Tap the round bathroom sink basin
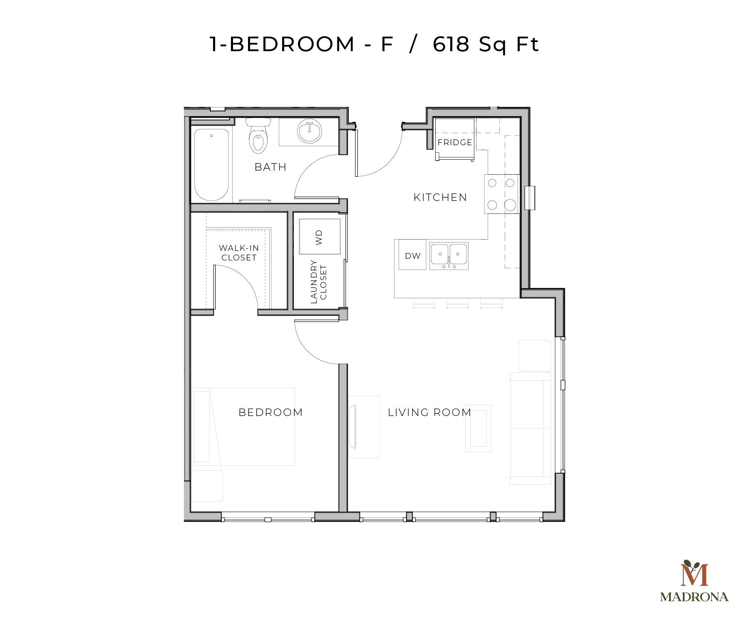(309, 131)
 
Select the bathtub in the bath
(211, 165)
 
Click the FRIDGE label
(455, 142)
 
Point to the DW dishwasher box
(412, 256)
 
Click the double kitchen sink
(449, 255)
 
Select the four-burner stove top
(501, 194)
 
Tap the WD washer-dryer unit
(320, 237)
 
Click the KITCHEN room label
(440, 197)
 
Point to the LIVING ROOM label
(429, 412)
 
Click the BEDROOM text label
(270, 412)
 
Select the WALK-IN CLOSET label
(239, 253)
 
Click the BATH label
(270, 167)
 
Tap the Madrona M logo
(694, 574)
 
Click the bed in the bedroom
(244, 427)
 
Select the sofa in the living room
(530, 428)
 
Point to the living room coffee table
(478, 428)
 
